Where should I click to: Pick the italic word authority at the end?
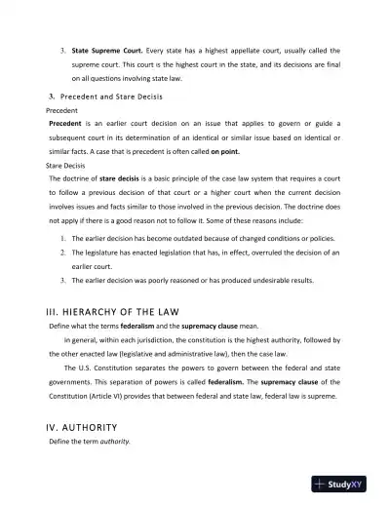pyautogui.click(x=110, y=442)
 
